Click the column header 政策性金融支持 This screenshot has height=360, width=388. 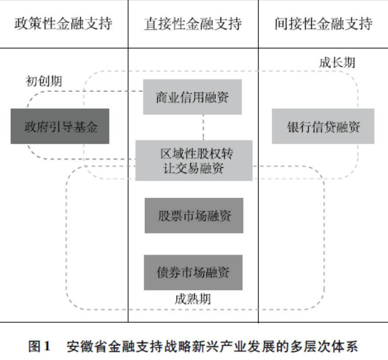(63, 24)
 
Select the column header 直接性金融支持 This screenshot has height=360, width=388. (193, 24)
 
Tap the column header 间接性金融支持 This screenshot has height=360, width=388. (323, 24)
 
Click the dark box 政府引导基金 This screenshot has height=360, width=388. (60, 126)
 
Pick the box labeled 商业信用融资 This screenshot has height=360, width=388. (192, 97)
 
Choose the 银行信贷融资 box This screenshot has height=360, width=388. (323, 126)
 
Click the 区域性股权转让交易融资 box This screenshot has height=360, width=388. (193, 161)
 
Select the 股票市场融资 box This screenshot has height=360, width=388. (194, 216)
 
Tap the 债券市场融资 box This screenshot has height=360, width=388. (193, 272)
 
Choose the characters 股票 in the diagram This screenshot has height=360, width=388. (169, 216)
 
